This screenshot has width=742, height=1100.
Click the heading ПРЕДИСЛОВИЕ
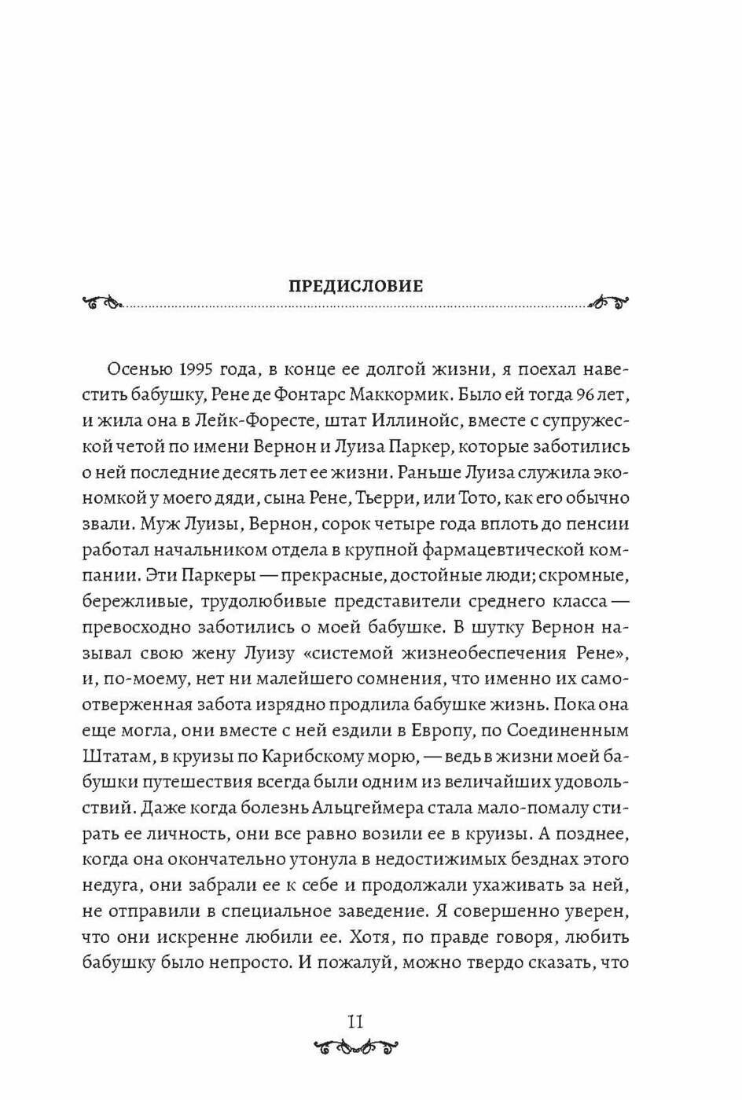pos(355,286)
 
